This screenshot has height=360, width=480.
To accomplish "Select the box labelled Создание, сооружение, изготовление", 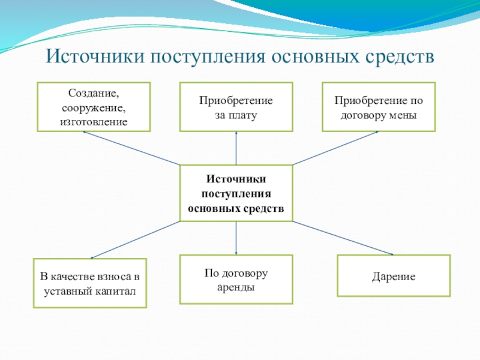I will (94, 107).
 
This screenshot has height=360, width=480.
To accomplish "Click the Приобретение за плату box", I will (236, 107).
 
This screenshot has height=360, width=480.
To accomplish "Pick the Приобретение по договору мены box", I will (379, 107).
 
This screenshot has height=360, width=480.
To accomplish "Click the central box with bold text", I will (236, 193).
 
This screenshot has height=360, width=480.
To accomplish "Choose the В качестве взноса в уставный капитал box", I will (89, 284).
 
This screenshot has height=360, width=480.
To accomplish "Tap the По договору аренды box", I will (236, 279).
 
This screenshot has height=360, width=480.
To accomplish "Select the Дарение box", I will (394, 276).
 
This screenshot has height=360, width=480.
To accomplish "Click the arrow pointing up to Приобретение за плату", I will (236, 148).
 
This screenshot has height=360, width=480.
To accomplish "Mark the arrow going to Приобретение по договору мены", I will (336, 148).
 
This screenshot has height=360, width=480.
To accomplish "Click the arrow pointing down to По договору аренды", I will (236, 238).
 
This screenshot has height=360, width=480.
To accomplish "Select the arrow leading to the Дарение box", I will (343, 238).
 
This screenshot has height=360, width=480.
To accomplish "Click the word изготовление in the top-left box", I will (94, 122).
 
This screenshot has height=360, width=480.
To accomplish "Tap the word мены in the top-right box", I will (403, 115).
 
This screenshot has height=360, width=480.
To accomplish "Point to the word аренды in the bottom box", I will (236, 287).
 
